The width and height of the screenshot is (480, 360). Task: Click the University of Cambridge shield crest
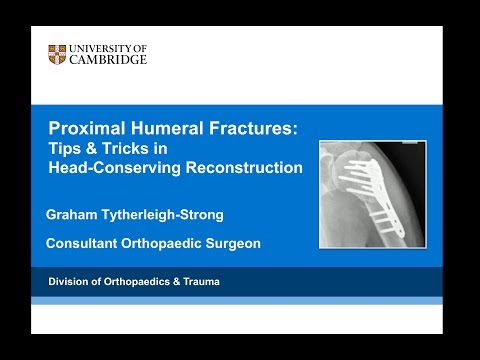[57, 54]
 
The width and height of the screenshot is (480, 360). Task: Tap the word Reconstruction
[245, 168]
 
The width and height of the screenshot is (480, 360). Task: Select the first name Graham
[74, 214]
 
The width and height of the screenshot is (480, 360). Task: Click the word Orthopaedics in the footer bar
[136, 282]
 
